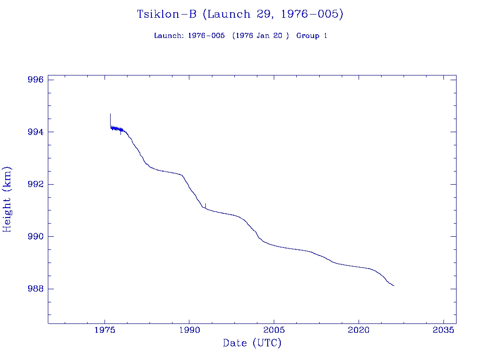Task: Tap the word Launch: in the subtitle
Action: point(169,36)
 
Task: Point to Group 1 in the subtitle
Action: point(312,36)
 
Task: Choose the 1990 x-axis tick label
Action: point(189,330)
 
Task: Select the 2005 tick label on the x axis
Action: point(274,330)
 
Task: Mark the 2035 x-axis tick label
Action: point(443,330)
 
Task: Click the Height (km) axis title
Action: point(7,199)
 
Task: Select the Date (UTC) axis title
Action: point(252,344)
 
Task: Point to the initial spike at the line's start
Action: point(110,115)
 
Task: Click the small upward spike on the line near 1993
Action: point(205,204)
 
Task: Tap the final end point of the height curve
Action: point(394,285)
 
